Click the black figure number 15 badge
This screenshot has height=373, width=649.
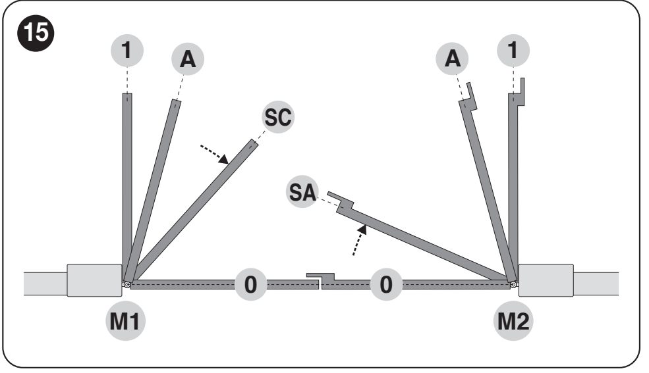click(36, 33)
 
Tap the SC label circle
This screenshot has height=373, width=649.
click(278, 117)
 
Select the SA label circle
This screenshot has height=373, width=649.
click(302, 192)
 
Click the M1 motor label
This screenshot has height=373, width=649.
click(125, 321)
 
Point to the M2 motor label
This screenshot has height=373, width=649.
click(513, 321)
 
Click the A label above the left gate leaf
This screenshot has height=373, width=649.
click(188, 59)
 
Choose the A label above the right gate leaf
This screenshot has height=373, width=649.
click(453, 59)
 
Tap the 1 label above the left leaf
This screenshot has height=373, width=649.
click(127, 51)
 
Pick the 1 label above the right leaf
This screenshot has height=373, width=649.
click(513, 51)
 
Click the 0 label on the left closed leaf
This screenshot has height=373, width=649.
click(251, 285)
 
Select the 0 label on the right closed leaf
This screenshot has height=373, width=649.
click(386, 285)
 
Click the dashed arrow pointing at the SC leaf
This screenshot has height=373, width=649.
click(214, 155)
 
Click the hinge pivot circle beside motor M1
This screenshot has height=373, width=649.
click(127, 285)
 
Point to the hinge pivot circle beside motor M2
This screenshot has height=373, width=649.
click(513, 285)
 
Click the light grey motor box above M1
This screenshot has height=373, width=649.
click(94, 280)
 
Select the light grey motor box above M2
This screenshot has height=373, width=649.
click(546, 280)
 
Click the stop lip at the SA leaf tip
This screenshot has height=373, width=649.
click(341, 199)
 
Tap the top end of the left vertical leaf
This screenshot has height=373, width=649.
click(127, 94)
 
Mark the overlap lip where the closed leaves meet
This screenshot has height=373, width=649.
click(320, 278)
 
